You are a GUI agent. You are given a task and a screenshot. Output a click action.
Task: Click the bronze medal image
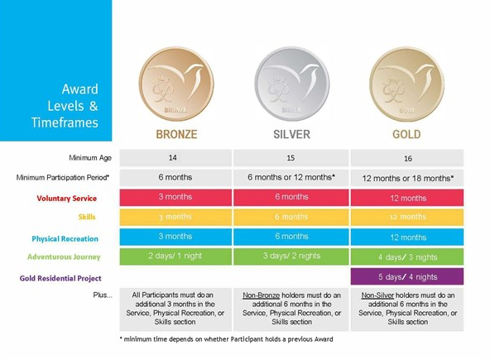[x=176, y=84]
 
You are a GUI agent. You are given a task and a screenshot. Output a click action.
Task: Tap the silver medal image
[x=292, y=84]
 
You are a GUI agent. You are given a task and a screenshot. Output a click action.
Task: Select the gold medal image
[x=406, y=84]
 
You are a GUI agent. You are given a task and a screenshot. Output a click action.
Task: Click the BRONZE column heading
[x=176, y=134]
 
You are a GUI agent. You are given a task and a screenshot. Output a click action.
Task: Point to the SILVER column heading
[x=292, y=134]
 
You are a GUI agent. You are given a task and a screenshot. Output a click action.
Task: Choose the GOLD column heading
[x=406, y=134]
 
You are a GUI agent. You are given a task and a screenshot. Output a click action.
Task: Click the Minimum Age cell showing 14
[x=175, y=158]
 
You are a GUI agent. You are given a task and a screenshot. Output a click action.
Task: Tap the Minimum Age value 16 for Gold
[x=407, y=158]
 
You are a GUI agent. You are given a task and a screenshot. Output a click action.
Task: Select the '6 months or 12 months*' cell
[x=291, y=177]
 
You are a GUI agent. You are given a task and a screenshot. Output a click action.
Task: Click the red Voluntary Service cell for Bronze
[x=175, y=197]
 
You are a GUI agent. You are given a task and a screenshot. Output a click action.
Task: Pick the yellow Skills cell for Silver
[x=291, y=217]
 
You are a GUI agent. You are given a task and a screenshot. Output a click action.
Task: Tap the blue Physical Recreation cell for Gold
[x=407, y=237]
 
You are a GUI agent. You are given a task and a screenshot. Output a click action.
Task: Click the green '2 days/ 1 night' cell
[x=175, y=257]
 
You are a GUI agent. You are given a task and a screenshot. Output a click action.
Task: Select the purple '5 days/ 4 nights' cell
[x=407, y=276]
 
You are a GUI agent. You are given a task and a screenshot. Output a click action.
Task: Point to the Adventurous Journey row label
[x=64, y=257]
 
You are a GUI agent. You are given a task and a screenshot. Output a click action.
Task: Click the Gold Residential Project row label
[x=60, y=278]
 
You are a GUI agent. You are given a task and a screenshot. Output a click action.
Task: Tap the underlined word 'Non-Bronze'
[x=262, y=295]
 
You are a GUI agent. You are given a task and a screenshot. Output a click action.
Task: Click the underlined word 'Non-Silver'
[x=377, y=295]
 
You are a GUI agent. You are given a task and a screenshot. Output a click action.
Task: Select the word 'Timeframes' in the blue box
[x=65, y=122]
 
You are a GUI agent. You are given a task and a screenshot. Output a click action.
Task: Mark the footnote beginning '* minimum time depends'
[x=227, y=339]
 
